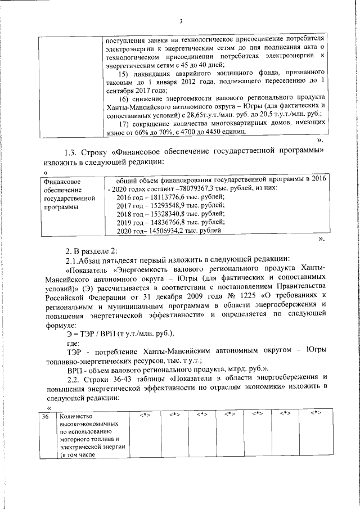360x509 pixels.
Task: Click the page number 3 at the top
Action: (x=181, y=21)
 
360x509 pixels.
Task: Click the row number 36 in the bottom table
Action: (x=46, y=417)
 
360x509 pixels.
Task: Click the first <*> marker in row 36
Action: (x=145, y=415)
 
